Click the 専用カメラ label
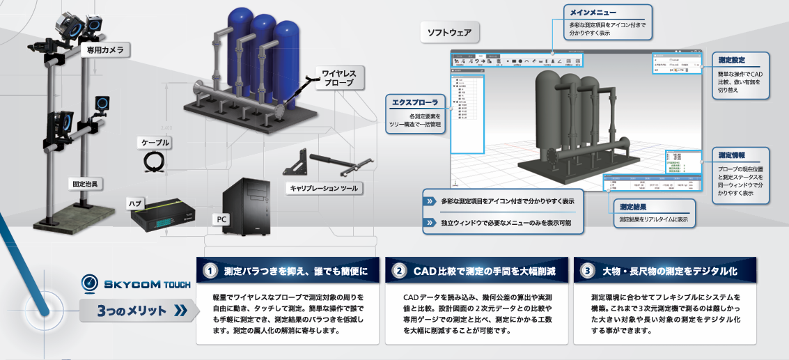[x=106, y=50]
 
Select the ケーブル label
[x=155, y=143]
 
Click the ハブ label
[x=136, y=203]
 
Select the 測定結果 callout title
[x=636, y=207]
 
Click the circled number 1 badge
[x=210, y=270]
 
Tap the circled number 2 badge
[x=399, y=270]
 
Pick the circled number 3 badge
[x=588, y=270]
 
